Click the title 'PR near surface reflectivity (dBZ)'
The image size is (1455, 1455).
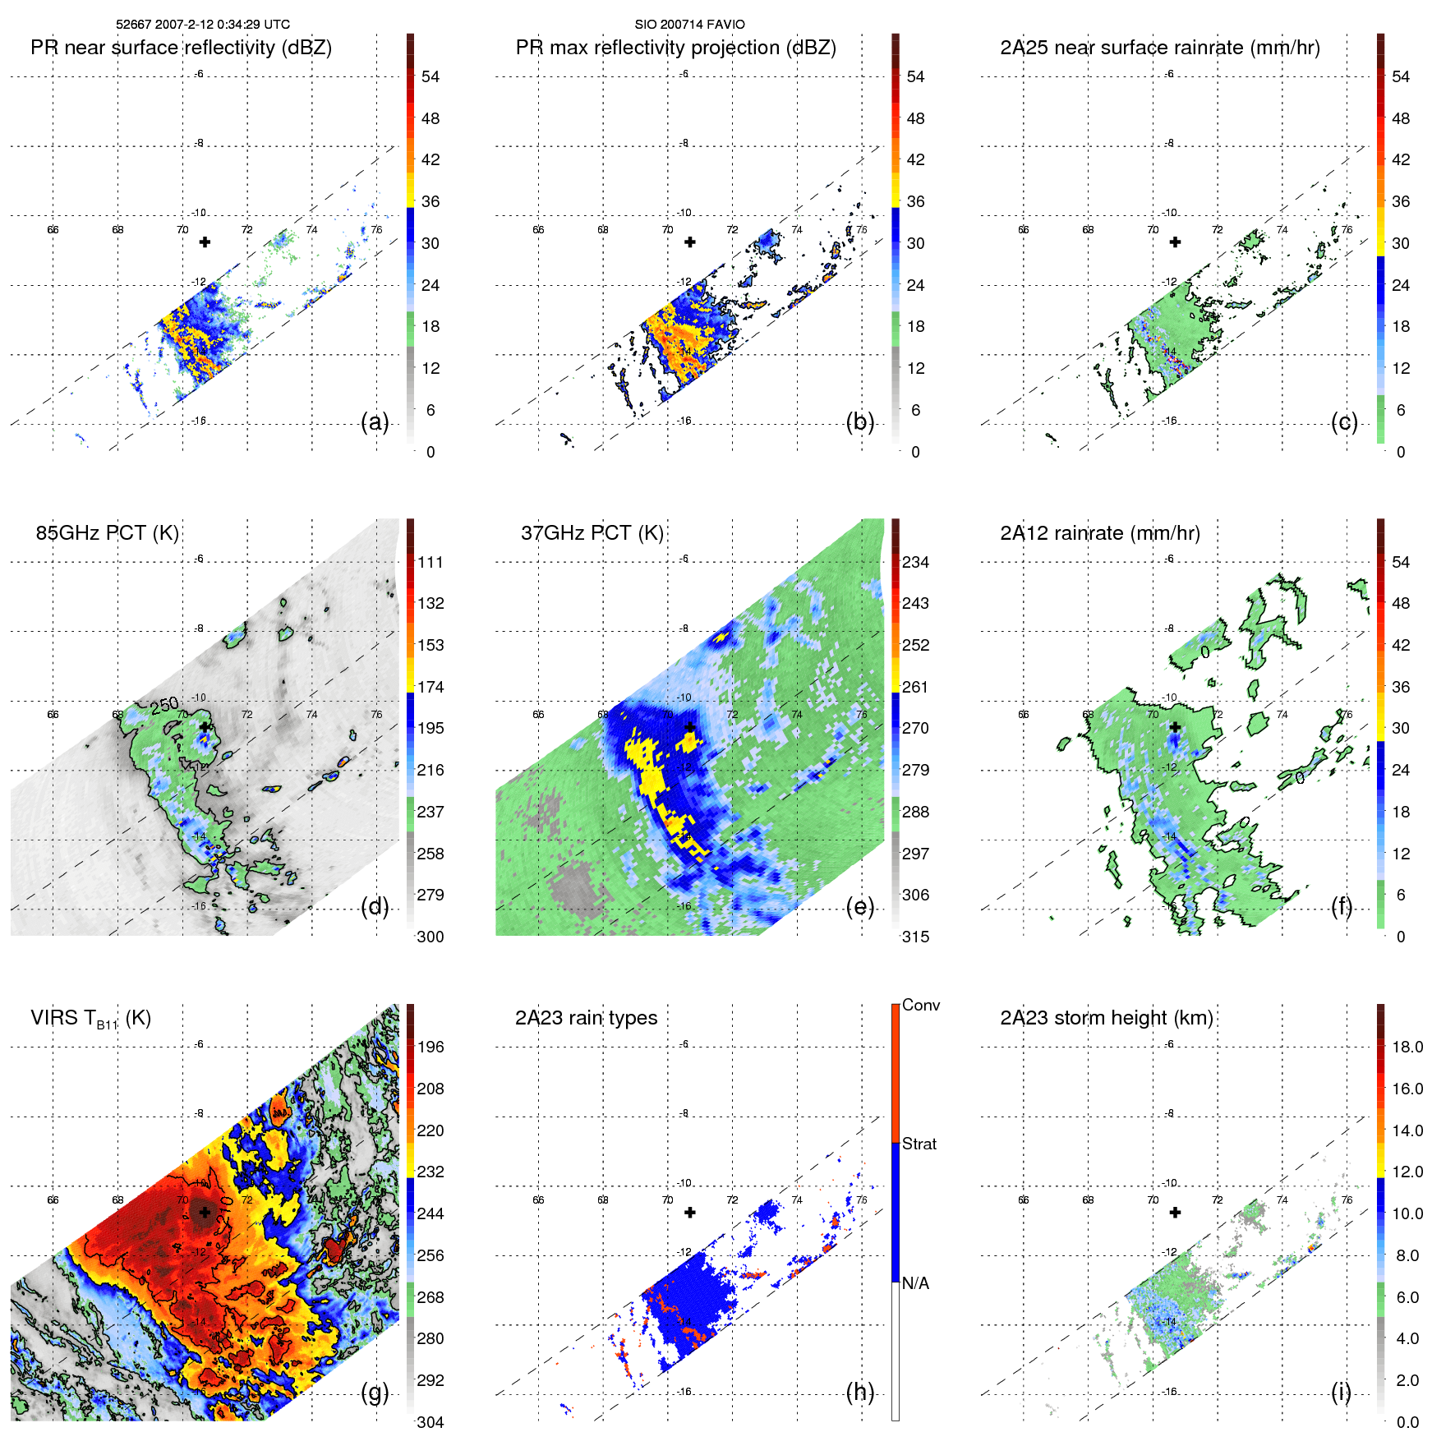pos(181,48)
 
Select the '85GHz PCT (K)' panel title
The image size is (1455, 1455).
pos(107,533)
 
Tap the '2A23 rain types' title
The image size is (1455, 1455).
pos(586,1018)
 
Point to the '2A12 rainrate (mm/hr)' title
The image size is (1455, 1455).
pos(1099,533)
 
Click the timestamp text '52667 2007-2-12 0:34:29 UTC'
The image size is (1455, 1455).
pos(202,25)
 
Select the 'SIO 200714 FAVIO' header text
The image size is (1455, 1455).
pos(689,25)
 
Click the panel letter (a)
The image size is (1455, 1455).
pos(375,422)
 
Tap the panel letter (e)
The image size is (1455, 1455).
pos(859,907)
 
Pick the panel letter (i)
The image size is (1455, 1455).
pos(1341,1392)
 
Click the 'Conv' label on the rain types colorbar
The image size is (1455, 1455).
pos(920,1005)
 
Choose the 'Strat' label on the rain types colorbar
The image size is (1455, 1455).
pos(919,1144)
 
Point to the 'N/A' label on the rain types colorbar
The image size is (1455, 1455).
pos(917,1282)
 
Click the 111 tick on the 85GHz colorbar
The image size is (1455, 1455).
pos(431,562)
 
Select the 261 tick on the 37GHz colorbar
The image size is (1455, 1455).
pos(915,687)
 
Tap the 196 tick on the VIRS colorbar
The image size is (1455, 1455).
pos(431,1047)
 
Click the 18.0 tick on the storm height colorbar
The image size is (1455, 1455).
pos(1407,1047)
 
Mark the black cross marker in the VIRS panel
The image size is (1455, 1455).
pos(205,1212)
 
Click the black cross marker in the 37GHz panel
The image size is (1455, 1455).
pos(690,727)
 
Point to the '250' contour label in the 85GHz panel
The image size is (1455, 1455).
pos(164,705)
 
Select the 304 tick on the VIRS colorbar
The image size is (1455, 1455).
pos(431,1422)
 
